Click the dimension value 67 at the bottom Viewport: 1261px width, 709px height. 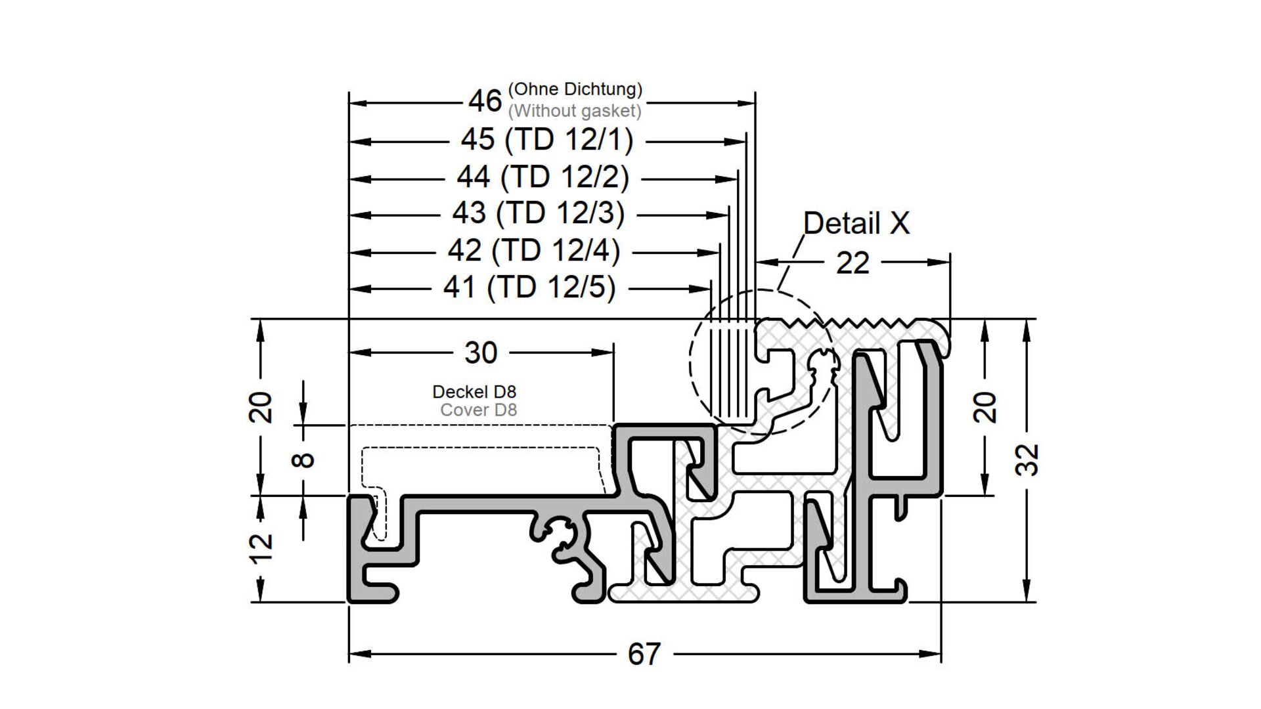[644, 654]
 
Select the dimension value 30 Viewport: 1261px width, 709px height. [481, 353]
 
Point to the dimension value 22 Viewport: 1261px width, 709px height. [852, 263]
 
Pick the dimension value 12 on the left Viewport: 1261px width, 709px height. [263, 547]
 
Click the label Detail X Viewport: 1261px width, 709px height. [856, 223]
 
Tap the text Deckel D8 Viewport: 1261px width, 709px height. [474, 392]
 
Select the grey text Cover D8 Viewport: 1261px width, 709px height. [479, 410]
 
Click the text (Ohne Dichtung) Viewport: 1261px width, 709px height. [575, 89]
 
